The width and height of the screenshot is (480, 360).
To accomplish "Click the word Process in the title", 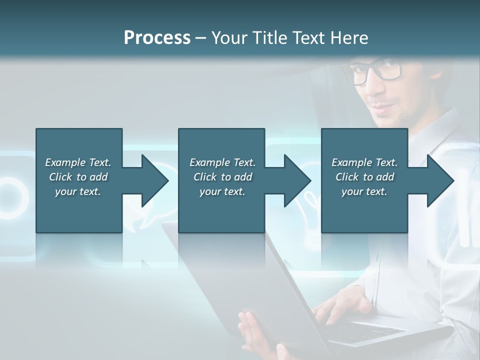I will click(x=157, y=38).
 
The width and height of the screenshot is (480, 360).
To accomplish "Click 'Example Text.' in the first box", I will click(x=78, y=162).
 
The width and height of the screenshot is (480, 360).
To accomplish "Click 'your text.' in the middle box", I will click(x=222, y=191).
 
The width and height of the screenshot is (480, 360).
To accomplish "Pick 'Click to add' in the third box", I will click(x=364, y=177).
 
